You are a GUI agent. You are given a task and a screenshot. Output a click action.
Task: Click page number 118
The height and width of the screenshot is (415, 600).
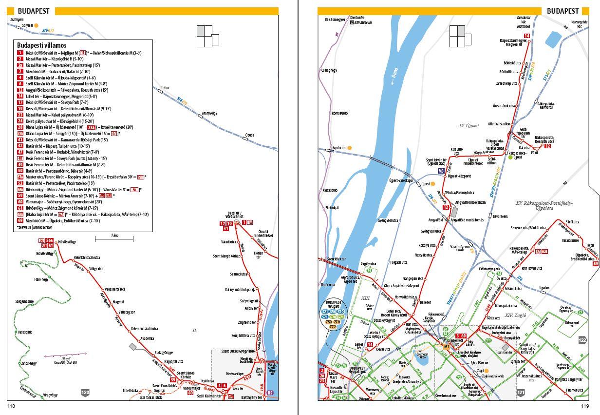pyautogui.click(x=11, y=406)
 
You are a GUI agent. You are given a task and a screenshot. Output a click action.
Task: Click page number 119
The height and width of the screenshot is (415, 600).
pyautogui.click(x=584, y=406)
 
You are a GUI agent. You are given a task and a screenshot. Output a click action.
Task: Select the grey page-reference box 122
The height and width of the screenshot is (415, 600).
pyautogui.click(x=582, y=340)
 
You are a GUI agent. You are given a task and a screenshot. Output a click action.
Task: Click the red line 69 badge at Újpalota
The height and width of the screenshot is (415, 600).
pyautogui.click(x=596, y=264)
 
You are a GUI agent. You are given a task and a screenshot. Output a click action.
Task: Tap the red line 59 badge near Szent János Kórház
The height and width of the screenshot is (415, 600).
pyautogui.click(x=172, y=380)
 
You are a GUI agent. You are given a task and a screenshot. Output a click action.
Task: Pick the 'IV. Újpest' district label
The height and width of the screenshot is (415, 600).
pyautogui.click(x=469, y=125)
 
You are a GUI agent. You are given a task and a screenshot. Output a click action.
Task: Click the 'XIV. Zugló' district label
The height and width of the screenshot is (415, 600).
pyautogui.click(x=516, y=316)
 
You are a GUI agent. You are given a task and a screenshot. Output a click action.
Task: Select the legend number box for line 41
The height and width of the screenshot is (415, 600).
pyautogui.click(x=20, y=139)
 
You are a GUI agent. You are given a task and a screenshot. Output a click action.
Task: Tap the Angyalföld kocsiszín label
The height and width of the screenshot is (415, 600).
pyautogui.click(x=470, y=202)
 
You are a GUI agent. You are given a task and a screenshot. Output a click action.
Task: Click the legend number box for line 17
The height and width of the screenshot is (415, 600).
pyautogui.click(x=20, y=102)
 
